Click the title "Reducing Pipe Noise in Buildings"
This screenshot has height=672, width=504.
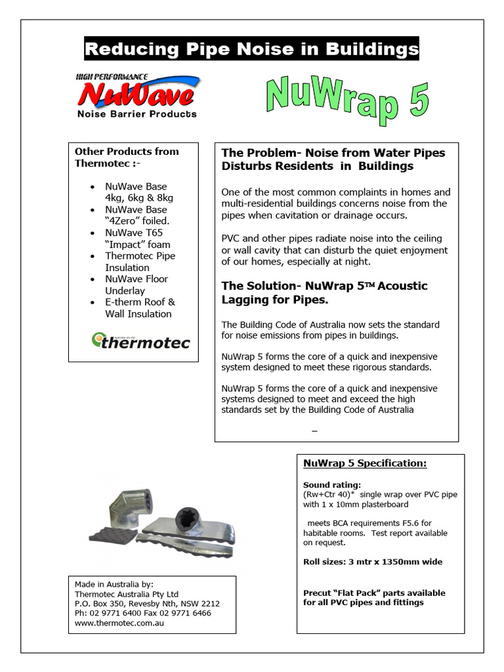coord(251,49)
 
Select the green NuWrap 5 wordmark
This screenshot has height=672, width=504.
coord(347,102)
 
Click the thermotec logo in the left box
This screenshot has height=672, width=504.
coord(140,341)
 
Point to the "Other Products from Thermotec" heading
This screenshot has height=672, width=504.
coord(127,157)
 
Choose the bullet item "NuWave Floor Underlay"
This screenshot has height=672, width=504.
coord(136,285)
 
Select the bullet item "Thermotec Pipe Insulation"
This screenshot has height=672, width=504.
coord(140,262)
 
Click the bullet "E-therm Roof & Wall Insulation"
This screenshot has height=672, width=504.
coord(140,308)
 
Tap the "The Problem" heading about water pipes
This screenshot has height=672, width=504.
coord(333,159)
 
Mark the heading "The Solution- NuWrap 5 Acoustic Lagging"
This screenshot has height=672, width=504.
coord(324,293)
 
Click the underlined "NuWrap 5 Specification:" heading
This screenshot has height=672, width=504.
coord(365,463)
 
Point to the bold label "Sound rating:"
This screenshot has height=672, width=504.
coord(327,485)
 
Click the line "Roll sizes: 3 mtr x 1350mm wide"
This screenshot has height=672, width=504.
coord(372,562)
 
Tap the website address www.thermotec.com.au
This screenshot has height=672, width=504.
coord(119,623)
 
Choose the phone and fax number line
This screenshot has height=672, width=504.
coord(143,613)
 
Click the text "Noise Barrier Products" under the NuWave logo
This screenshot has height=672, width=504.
coord(136,114)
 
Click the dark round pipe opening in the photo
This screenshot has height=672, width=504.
coord(190,515)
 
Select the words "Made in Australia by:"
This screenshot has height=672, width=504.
coord(114,583)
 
